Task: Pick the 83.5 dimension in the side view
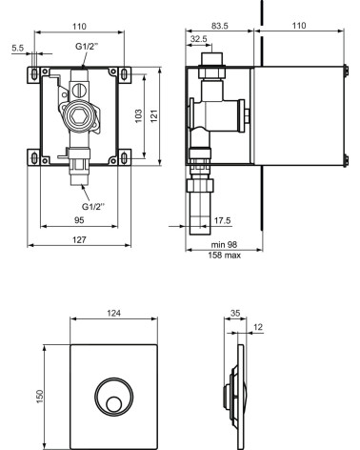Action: tap(221, 24)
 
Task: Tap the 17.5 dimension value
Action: tap(221, 220)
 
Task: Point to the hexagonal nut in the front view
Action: tap(81, 122)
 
